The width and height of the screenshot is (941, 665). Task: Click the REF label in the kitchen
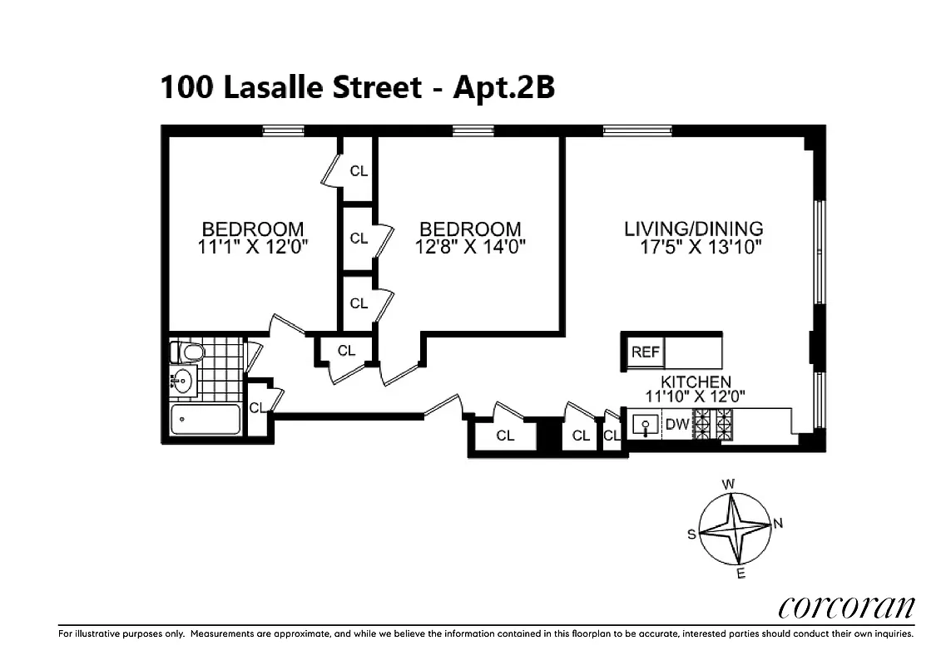645,352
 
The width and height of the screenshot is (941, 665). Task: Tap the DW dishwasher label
676,425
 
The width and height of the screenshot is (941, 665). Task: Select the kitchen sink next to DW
644,426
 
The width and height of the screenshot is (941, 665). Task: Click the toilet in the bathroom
191,353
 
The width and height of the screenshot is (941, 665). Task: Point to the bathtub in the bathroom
205,419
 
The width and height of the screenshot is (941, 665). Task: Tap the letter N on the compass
778,523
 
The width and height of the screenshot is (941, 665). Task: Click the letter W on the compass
727,484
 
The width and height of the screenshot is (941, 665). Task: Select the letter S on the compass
691,535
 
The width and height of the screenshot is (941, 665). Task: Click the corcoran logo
847,607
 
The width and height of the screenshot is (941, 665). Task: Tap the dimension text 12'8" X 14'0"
470,247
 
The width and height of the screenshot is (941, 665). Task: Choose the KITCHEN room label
696,382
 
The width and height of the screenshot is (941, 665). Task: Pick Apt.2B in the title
503,87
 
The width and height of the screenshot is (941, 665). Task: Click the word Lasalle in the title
270,87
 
